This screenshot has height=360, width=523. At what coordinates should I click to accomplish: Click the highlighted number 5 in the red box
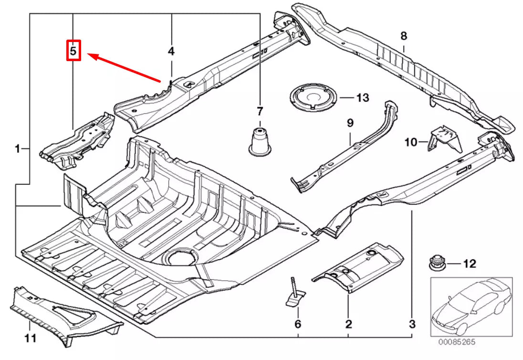click(73, 51)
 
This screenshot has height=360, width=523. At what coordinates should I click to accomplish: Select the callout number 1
click(17, 149)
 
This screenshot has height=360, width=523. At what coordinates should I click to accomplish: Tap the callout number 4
click(171, 51)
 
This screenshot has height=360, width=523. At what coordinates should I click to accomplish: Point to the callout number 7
click(260, 112)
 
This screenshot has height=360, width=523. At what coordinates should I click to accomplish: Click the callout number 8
click(404, 36)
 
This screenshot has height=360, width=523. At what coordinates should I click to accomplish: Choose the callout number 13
click(363, 98)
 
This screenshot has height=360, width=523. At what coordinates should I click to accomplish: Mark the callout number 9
click(350, 123)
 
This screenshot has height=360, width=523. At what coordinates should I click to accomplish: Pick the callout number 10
click(411, 142)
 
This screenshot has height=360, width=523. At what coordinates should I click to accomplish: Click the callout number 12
click(470, 264)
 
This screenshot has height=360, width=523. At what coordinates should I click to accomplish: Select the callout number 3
click(412, 325)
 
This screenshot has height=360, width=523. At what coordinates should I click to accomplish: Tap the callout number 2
click(348, 325)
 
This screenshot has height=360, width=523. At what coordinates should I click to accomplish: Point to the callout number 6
click(298, 325)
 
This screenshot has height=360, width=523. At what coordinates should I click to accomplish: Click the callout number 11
click(30, 339)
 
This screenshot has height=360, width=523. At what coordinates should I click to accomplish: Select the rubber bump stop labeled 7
click(260, 140)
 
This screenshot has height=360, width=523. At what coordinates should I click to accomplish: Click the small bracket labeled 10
click(444, 138)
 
